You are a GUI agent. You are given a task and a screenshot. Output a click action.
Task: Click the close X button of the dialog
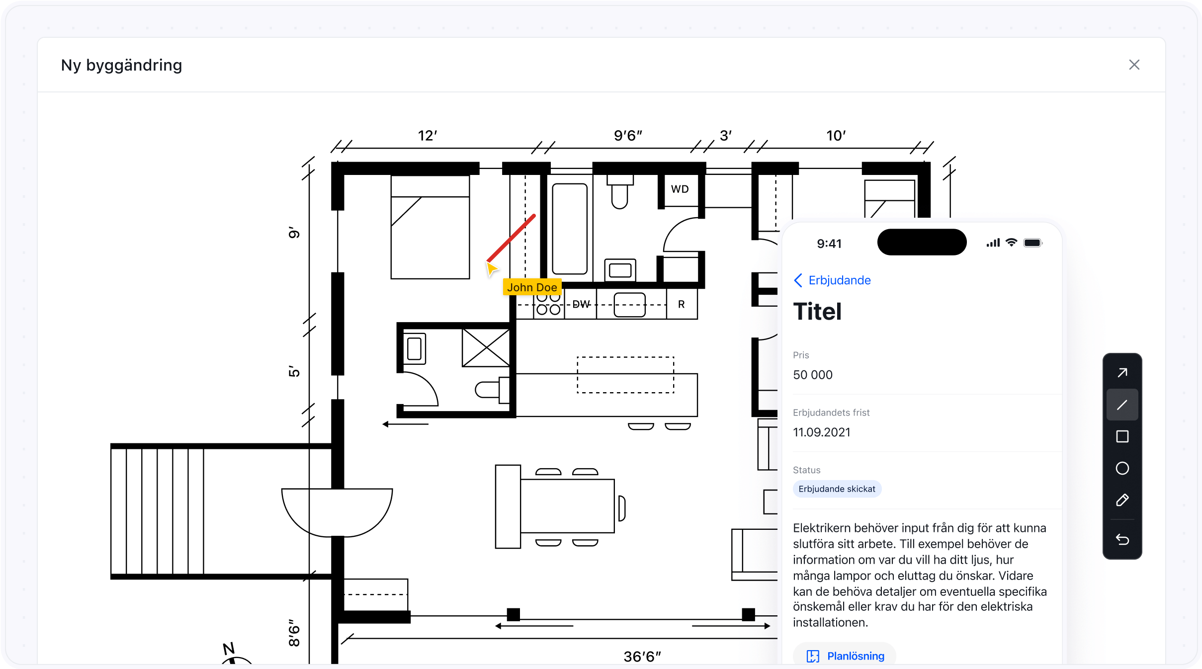1134,65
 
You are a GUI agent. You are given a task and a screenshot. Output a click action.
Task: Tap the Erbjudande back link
832,280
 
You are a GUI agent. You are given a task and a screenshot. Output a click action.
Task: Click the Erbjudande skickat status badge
837,489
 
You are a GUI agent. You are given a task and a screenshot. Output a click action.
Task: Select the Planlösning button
845,656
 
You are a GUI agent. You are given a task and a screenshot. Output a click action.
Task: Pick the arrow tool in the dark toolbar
1122,373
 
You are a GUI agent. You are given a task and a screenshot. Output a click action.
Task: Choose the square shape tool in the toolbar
1122,436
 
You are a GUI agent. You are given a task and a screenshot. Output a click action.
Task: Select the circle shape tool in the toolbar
1122,468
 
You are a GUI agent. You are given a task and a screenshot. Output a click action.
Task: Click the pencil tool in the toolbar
1122,500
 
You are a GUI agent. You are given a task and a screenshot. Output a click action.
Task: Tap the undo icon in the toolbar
1122,539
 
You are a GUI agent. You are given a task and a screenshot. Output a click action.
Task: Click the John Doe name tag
532,287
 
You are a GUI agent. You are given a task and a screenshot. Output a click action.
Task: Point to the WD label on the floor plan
680,189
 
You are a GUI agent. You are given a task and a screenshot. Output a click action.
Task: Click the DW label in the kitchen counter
581,304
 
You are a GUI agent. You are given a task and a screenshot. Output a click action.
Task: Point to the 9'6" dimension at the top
628,136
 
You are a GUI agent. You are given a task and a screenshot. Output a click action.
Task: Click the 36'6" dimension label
642,657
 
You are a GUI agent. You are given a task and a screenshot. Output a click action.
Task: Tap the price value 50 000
813,375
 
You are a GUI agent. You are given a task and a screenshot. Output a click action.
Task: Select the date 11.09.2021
822,432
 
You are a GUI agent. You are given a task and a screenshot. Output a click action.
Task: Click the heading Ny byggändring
122,65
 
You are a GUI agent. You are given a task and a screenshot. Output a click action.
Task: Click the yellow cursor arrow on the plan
492,268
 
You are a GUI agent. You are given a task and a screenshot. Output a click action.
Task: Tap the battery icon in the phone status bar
1033,243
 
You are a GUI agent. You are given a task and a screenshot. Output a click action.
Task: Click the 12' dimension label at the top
428,136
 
